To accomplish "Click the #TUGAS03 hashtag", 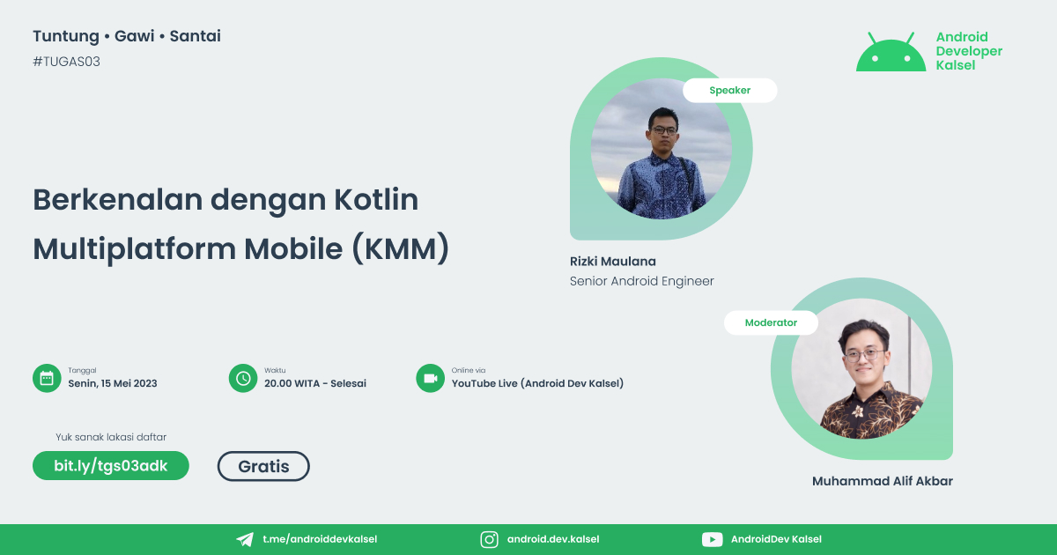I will [x=66, y=62].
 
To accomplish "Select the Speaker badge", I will [x=729, y=90].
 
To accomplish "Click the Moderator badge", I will [x=771, y=322].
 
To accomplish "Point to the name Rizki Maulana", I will [x=613, y=261].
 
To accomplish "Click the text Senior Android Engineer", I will [x=641, y=281].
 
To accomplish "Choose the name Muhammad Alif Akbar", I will [x=882, y=481].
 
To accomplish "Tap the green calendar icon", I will [x=46, y=378].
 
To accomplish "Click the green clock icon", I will [x=242, y=378].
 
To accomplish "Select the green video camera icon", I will [x=430, y=378].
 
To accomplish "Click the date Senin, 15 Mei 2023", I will [x=113, y=383].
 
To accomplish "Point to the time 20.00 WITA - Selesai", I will [x=314, y=383].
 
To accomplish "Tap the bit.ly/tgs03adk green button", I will [x=111, y=465].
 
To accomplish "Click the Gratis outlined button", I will [x=263, y=466].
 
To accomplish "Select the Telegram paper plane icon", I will [x=245, y=539].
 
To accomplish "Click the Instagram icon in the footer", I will [x=490, y=539].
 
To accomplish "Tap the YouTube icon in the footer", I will [x=712, y=539].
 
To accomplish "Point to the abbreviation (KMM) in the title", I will [x=401, y=249].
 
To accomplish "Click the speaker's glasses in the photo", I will [x=662, y=129].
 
